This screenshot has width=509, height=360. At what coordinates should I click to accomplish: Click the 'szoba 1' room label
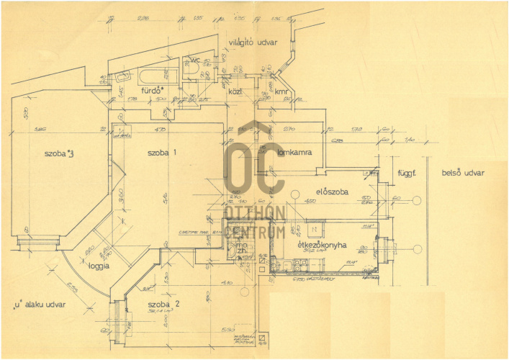click(162, 153)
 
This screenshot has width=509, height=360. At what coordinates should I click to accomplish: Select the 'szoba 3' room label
click(59, 153)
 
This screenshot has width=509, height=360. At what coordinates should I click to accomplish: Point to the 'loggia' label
click(100, 266)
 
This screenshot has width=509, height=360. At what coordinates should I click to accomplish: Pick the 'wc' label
click(194, 60)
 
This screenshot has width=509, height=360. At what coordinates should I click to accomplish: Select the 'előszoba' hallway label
click(332, 192)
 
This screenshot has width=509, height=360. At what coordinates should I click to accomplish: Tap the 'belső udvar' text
click(464, 174)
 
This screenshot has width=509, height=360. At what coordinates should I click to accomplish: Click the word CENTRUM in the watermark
click(254, 232)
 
